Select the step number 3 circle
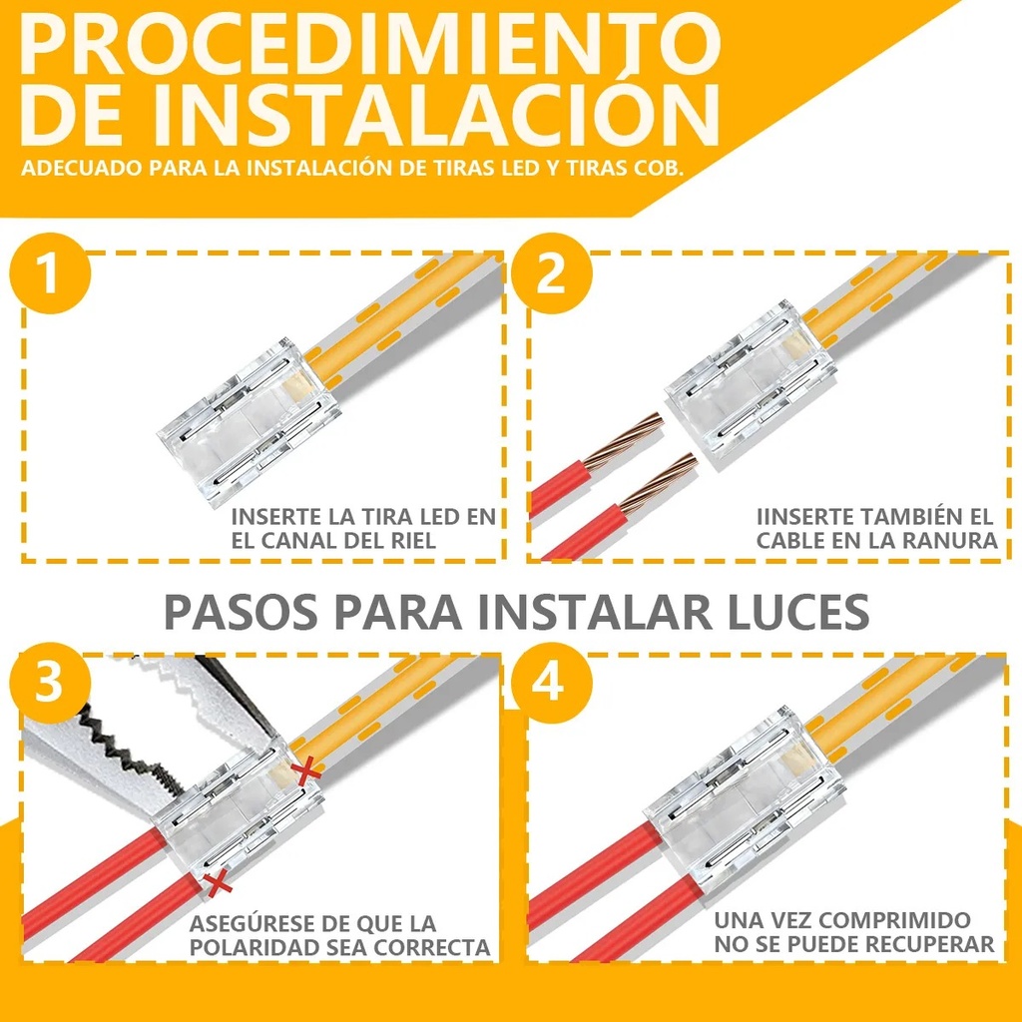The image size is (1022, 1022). [x=50, y=684]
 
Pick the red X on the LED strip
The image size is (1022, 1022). [x=307, y=769]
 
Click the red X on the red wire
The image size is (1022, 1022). [x=213, y=882]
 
